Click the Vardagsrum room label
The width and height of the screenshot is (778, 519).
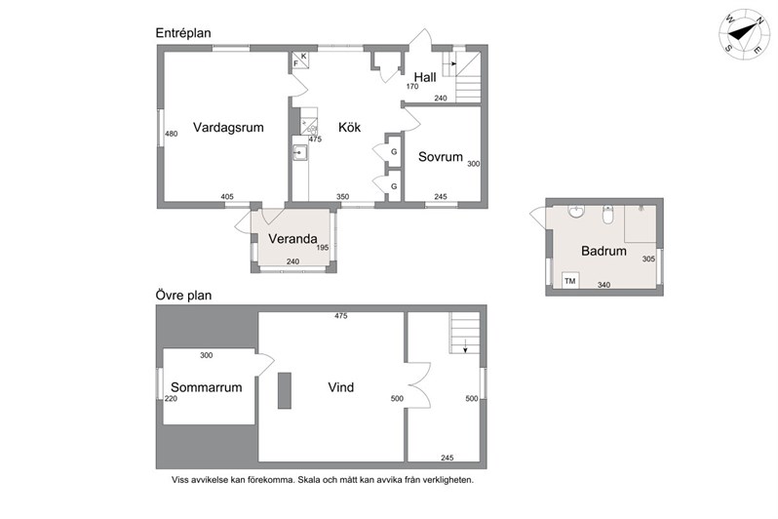[x=228, y=128]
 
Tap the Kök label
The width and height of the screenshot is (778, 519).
[x=349, y=127]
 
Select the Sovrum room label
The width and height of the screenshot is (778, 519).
[x=440, y=157]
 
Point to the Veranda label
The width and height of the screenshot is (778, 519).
[x=292, y=239]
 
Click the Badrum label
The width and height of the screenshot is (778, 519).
[x=603, y=251]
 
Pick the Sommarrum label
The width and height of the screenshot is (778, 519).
[x=207, y=387]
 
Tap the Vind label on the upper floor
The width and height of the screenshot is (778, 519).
[x=341, y=387]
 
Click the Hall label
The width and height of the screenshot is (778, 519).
[x=425, y=77]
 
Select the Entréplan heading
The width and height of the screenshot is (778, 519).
[x=183, y=33]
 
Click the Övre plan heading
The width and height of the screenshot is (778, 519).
[x=183, y=295]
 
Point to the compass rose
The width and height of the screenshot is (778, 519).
[x=743, y=33]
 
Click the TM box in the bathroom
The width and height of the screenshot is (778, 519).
[x=570, y=281]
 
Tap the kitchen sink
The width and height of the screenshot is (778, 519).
[x=300, y=152]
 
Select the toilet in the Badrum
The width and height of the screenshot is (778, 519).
[x=608, y=214]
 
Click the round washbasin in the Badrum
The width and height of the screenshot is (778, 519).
[x=576, y=211]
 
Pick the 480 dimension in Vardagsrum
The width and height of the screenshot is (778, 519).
[x=172, y=134]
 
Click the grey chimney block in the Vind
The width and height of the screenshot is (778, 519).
[x=285, y=391]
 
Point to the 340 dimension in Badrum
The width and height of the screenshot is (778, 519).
[x=603, y=285]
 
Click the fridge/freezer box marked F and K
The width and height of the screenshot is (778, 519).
[x=300, y=60]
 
